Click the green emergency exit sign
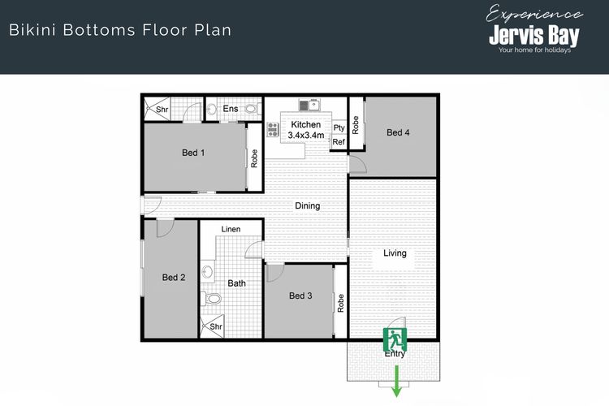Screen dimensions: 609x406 point(395,339)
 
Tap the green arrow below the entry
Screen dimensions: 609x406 point(396,381)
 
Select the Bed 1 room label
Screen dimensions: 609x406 point(193,153)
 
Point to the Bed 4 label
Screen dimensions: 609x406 point(398,132)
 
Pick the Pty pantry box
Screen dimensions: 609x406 point(339,127)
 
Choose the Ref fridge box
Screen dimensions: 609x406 point(339,142)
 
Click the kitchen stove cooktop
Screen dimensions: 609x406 point(273,129)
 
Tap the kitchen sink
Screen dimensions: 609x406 point(309,104)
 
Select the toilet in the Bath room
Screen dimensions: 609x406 point(211,298)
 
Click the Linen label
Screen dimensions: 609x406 point(231,229)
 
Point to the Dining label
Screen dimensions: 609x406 point(307,205)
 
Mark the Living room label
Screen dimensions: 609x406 point(395,253)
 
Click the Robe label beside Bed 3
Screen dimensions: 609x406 point(340,303)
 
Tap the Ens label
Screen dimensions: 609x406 point(231,108)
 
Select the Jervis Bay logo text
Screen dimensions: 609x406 point(533,36)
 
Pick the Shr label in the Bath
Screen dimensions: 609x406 point(216,326)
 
